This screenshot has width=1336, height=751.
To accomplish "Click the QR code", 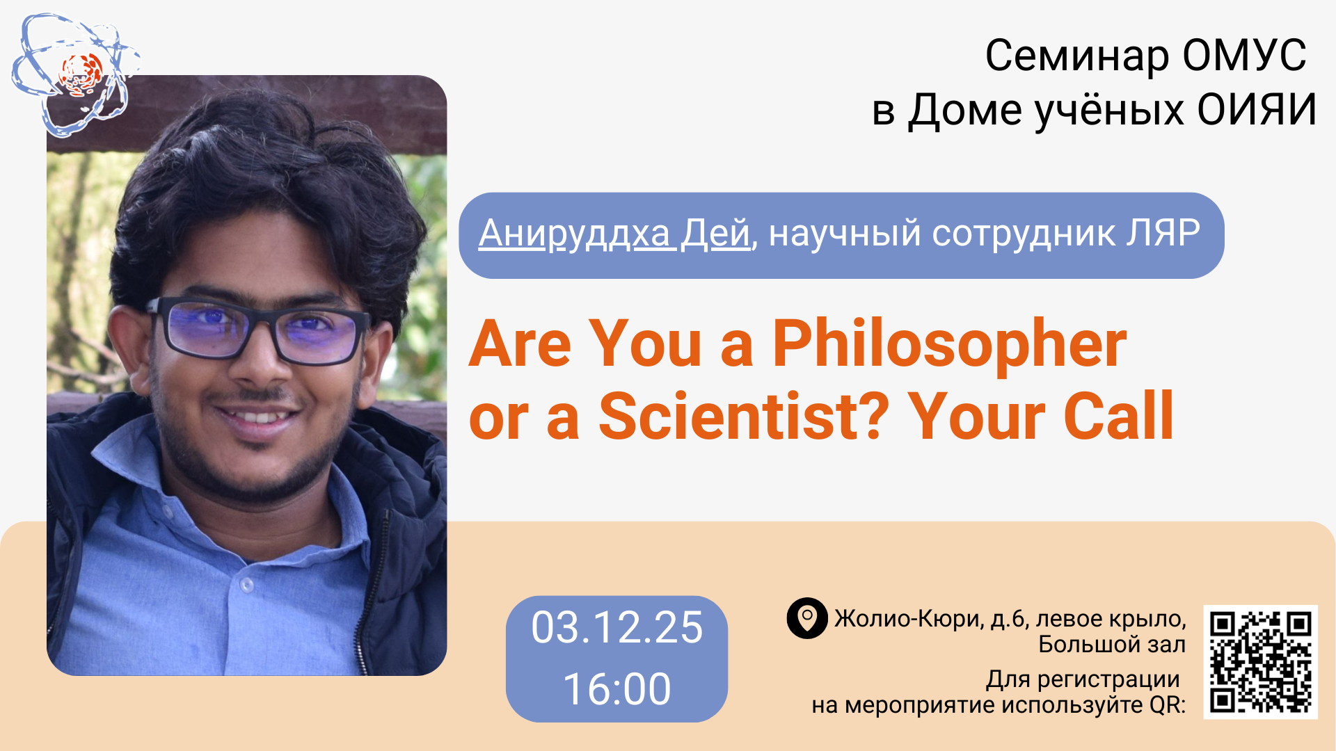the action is click(1260, 661).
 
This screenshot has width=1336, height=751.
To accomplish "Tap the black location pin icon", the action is click(807, 617).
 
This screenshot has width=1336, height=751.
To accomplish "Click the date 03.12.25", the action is click(617, 627).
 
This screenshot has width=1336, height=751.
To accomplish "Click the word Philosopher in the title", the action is click(950, 346).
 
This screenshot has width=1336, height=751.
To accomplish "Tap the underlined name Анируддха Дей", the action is click(614, 234).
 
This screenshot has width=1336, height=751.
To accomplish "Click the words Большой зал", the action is click(1112, 645).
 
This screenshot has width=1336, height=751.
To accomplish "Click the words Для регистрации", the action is click(1083, 679).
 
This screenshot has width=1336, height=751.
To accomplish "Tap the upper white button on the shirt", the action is click(246, 585).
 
